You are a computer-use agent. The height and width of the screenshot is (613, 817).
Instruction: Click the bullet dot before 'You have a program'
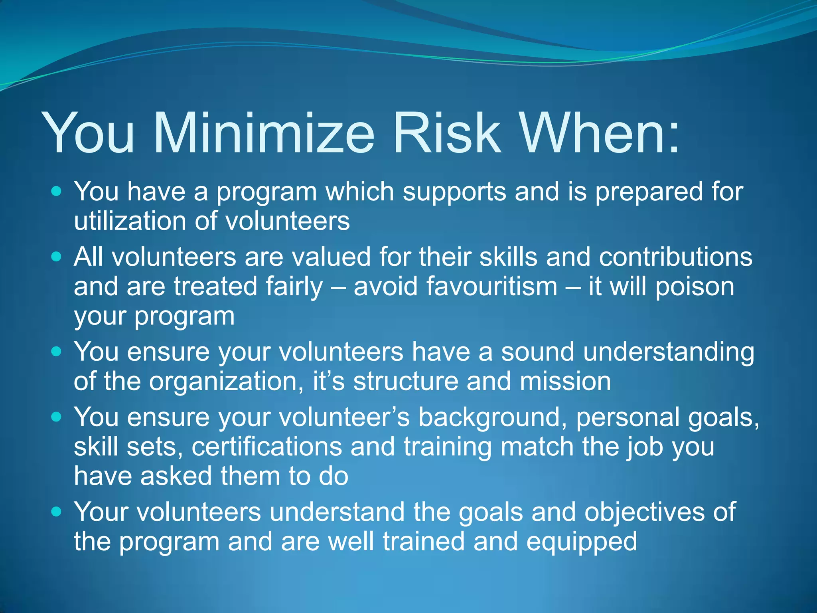[x=57, y=192]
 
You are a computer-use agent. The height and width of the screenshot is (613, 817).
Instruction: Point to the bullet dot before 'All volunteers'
[x=57, y=257]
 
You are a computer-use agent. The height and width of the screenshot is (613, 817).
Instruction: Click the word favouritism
[x=456, y=287]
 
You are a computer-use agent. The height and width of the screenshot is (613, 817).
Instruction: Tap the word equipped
[x=582, y=542]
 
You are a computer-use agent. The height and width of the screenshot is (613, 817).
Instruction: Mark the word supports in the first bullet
[x=454, y=192]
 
